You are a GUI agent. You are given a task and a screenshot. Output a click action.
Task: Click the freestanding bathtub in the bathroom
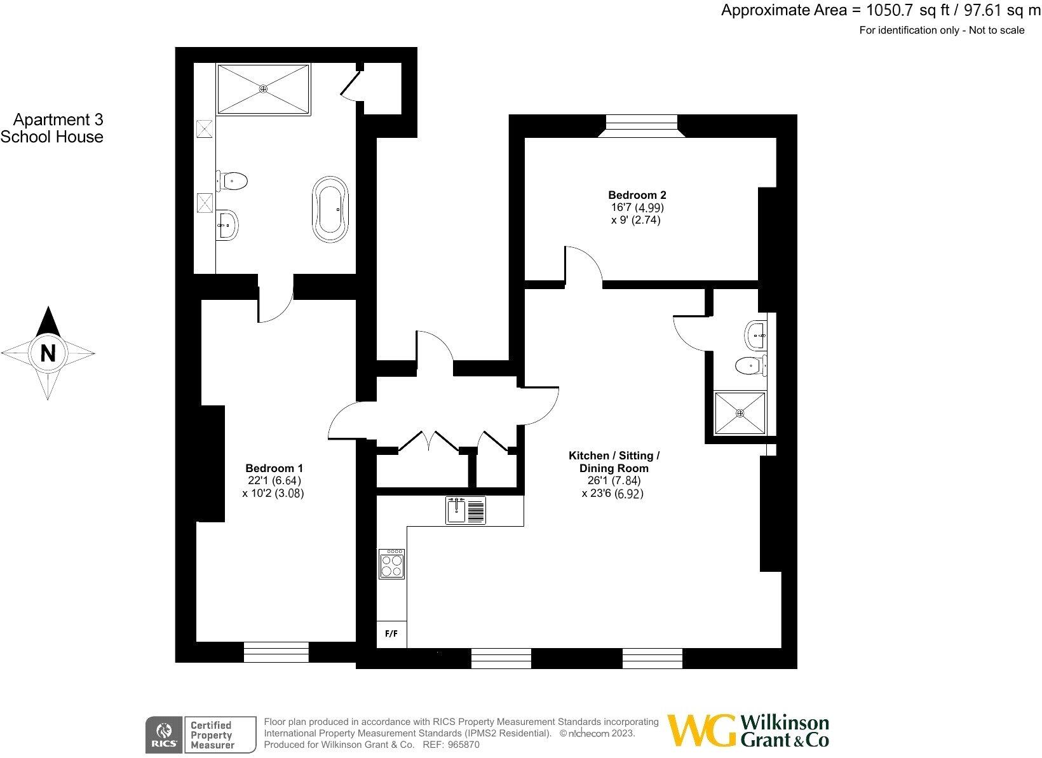coord(330,209)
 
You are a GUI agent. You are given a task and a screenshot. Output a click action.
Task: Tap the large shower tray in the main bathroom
coord(263,89)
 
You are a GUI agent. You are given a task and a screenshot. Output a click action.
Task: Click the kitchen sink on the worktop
coord(466,510)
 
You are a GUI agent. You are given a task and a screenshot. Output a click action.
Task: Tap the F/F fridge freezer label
coord(391,634)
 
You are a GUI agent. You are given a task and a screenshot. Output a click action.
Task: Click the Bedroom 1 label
coord(270,468)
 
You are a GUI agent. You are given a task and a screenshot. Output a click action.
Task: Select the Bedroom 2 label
coord(637,195)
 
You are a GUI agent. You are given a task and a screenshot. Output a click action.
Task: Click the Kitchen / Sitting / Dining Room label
coord(614,462)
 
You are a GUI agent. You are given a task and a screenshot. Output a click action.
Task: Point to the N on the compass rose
coord(48,353)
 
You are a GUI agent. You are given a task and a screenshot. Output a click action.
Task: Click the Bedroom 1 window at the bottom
coord(276,653)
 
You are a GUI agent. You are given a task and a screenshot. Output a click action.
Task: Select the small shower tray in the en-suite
coord(740,413)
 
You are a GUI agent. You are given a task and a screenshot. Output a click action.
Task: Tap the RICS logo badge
coord(163,734)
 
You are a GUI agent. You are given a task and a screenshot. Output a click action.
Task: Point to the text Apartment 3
coord(58,119)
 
